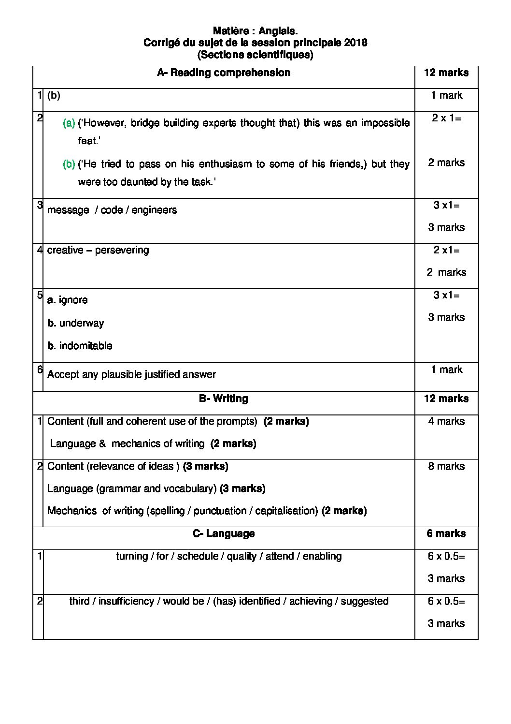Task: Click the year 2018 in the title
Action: click(x=356, y=43)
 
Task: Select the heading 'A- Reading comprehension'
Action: click(x=224, y=73)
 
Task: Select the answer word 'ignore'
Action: click(x=73, y=300)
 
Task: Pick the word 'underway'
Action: click(x=81, y=323)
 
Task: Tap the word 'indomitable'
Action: click(x=85, y=346)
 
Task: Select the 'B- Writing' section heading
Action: click(x=224, y=399)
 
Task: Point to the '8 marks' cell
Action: click(x=446, y=466)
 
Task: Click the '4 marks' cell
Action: click(x=446, y=421)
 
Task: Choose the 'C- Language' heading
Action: click(x=224, y=533)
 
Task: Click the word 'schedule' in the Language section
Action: click(x=198, y=556)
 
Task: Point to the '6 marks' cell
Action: click(x=446, y=533)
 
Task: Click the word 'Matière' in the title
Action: click(x=230, y=31)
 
